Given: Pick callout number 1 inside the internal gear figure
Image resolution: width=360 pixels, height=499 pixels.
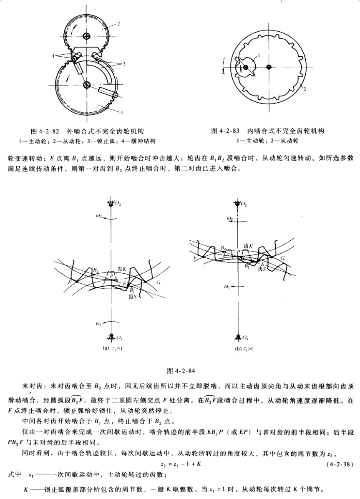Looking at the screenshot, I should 259,54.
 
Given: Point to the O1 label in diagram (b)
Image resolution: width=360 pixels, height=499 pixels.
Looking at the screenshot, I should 246,338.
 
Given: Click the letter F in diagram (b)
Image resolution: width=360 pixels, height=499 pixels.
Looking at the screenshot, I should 195,259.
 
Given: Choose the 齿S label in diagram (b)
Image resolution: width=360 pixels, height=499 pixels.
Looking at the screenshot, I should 262,270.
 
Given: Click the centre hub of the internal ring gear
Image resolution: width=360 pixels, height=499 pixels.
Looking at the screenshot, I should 269,67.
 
